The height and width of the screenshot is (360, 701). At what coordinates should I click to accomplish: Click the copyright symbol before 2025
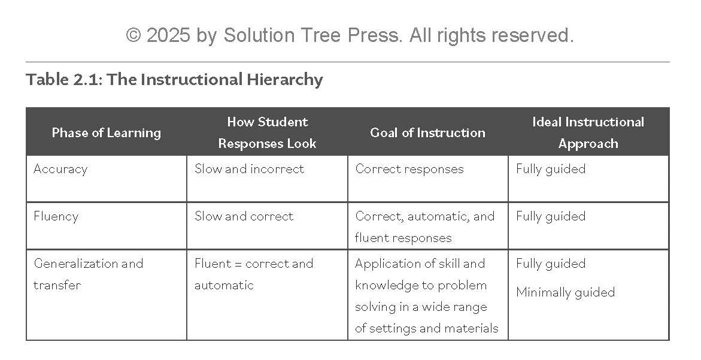coord(133,35)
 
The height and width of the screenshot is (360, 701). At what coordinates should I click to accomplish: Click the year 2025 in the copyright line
coord(169,35)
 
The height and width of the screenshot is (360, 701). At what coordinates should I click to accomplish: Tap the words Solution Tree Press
coord(312,35)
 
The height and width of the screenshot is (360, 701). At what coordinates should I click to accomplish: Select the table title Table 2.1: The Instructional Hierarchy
coord(174,80)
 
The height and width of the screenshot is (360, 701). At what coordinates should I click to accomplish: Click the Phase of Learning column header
coord(107,133)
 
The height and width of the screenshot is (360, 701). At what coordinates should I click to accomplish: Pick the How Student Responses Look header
coord(268,132)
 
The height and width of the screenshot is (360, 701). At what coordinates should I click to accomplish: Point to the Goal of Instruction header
coord(428,133)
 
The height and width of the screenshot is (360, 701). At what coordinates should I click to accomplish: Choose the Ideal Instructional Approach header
coord(588,132)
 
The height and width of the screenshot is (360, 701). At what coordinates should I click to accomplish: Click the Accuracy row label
coord(60,169)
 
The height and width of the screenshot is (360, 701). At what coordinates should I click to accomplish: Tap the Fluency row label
coord(56,216)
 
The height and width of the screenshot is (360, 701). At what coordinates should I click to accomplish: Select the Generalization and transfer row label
coord(89,274)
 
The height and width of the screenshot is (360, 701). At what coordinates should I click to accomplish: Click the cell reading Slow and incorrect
coord(249,168)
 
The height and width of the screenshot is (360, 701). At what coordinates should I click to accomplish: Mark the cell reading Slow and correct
coord(244,216)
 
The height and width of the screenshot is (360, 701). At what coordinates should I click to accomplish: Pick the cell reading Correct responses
coord(409,169)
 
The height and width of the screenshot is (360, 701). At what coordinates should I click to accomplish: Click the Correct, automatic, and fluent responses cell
coord(424,227)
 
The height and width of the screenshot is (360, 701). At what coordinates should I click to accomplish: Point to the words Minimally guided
coord(566,292)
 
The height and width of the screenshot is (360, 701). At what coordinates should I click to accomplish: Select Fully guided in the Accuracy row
coord(551,169)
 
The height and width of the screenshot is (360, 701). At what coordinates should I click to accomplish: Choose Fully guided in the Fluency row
coord(551,216)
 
